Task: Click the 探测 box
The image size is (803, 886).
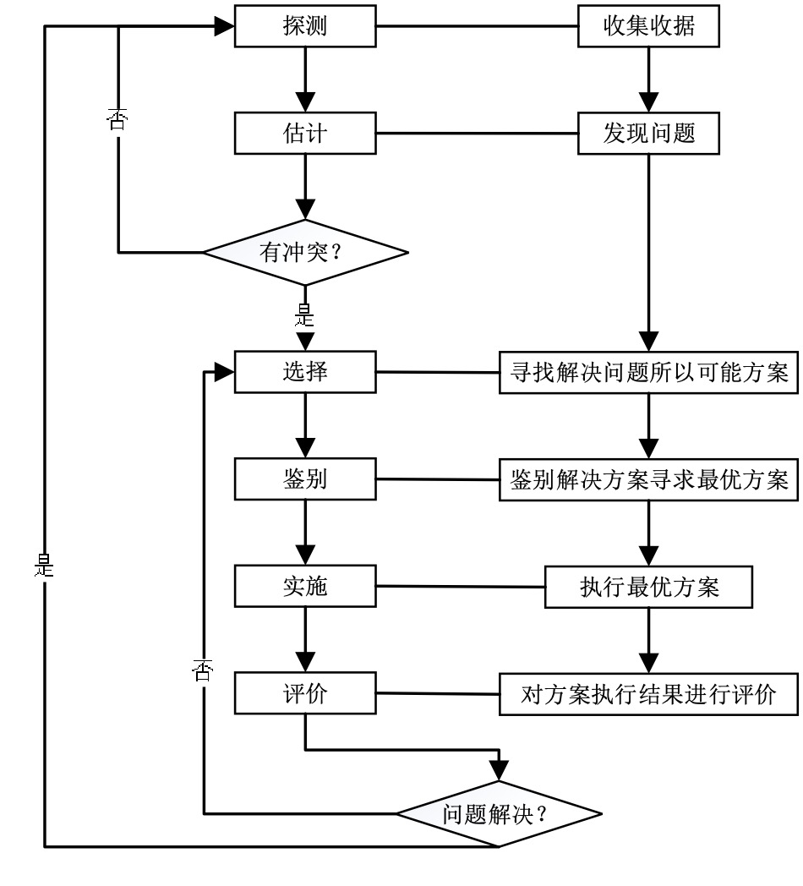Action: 304,27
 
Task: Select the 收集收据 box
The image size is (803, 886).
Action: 649,27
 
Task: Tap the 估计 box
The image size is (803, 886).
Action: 304,134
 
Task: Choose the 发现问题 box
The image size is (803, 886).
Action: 649,134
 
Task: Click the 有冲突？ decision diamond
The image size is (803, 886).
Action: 305,251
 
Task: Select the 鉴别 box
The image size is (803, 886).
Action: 304,479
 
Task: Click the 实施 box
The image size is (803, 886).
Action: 304,587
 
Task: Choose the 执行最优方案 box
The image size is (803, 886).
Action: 648,587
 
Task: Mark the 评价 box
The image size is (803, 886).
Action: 304,694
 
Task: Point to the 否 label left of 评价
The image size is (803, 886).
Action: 203,671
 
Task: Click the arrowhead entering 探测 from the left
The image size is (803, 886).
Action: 224,27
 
